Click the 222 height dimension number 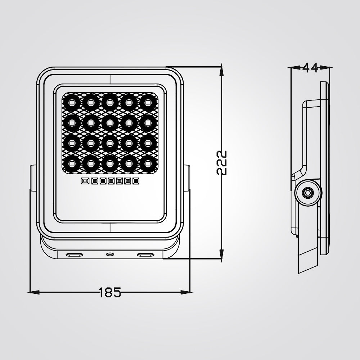coord(222,162)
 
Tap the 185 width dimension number coord(110,292)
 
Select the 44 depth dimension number coord(310,68)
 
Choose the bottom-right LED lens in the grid coord(147,163)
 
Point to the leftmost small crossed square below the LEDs coord(85,181)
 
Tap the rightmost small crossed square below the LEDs coord(136,181)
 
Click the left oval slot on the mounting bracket coord(73,255)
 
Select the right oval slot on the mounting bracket coord(145,255)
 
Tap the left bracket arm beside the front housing coord(33,178)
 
